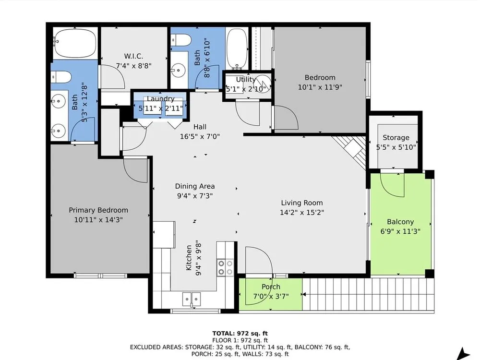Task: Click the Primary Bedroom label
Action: coord(98,210)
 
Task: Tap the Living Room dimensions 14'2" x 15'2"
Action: coord(302,212)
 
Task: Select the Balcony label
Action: coord(400,222)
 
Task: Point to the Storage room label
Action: coord(396,137)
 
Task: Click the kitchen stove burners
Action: coord(225,267)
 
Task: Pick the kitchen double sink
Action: coord(192,299)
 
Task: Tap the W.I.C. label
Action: coord(133,56)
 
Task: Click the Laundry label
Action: coord(161,98)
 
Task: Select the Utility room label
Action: coord(245,79)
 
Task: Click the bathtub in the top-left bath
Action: coord(75,43)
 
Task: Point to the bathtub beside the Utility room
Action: coord(237,48)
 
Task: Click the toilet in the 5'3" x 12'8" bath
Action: coord(61,77)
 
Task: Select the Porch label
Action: coord(271,287)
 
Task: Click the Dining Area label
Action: coord(195,186)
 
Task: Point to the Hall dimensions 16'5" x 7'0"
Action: coord(200,136)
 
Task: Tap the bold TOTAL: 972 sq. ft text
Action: coord(240,334)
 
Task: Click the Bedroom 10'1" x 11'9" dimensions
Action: coord(320,87)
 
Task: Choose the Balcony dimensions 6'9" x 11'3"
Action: coord(400,231)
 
